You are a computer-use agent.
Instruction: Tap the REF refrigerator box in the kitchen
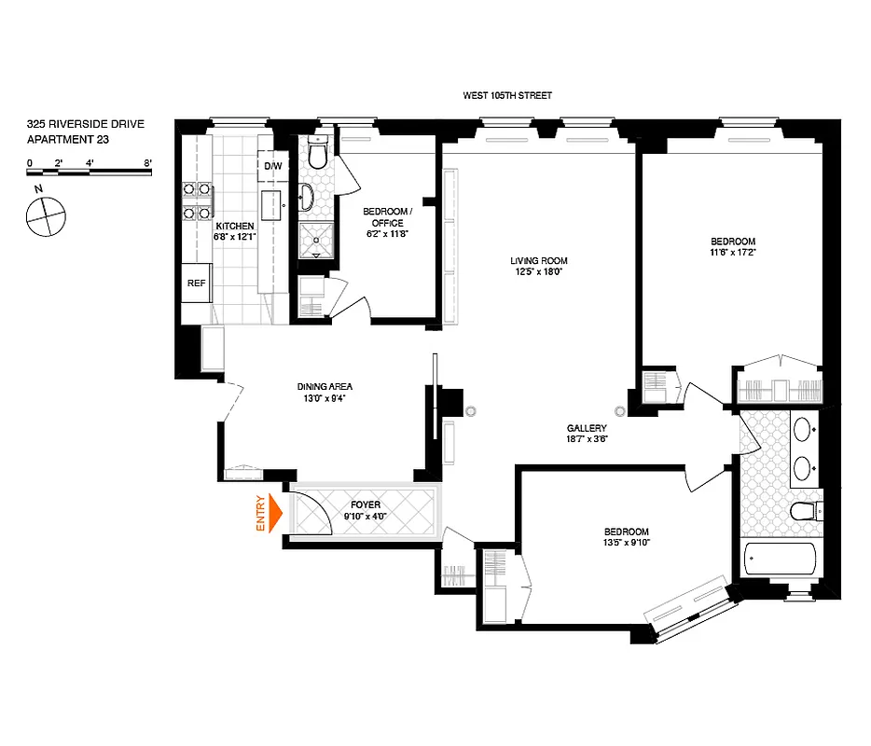[x=196, y=284]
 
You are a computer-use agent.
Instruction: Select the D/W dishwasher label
[x=272, y=166]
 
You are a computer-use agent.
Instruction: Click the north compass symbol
[x=45, y=216]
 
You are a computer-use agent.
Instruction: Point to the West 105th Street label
[x=508, y=95]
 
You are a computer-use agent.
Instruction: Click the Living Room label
[x=538, y=260]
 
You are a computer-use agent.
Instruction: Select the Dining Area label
[x=325, y=387]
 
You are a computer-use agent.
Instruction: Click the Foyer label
[x=366, y=504]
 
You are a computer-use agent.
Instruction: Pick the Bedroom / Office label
[x=383, y=217]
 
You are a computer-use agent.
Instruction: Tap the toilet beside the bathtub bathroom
[x=803, y=511]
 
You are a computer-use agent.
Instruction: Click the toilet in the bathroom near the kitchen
[x=316, y=155]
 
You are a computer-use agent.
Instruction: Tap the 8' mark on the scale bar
[x=147, y=162]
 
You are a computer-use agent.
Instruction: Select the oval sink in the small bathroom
[x=308, y=197]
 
